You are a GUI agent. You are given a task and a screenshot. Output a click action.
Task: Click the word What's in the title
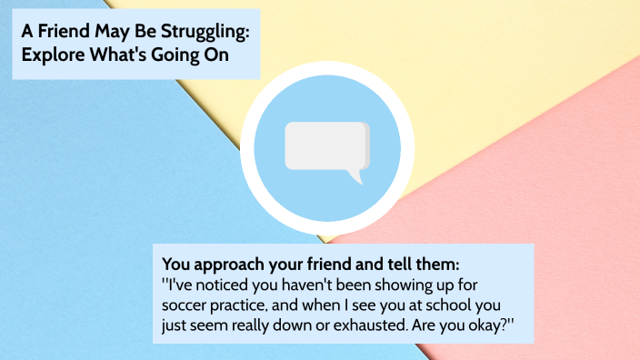point(121,54)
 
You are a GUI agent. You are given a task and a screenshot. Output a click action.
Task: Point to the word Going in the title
point(185,54)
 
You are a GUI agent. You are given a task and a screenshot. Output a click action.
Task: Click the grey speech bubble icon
point(325,145)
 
